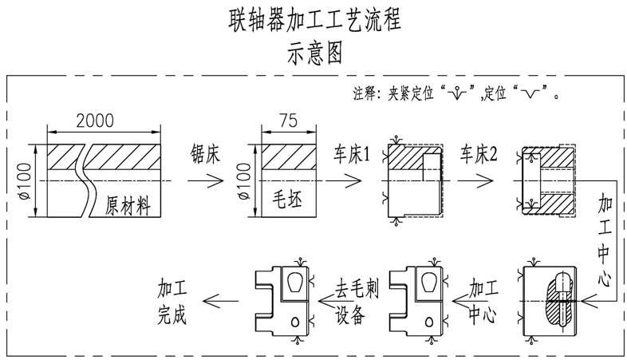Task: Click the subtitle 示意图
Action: coord(313,53)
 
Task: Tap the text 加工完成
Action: coord(172,299)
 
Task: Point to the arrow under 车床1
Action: coord(352,181)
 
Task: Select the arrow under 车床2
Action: coord(478,181)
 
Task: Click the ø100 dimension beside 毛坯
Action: coord(243,181)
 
